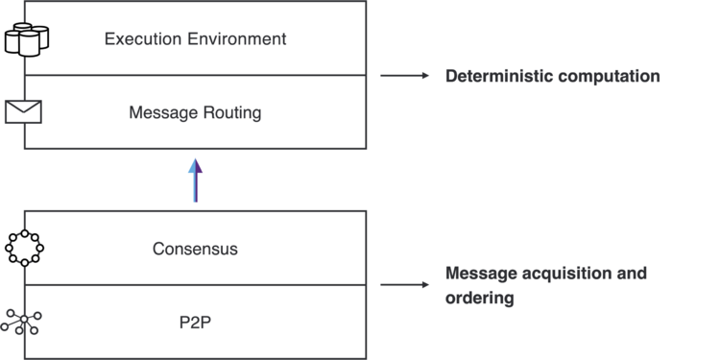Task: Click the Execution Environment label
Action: [195, 39]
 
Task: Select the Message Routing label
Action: [195, 112]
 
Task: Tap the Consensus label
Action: [195, 249]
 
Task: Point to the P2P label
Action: [195, 322]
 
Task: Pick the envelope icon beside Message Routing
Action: [24, 111]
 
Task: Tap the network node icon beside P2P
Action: [23, 322]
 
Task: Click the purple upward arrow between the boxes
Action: [195, 180]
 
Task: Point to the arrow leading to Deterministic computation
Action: [404, 76]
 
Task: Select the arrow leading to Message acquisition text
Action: [404, 285]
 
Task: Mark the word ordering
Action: [479, 298]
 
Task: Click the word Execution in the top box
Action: [138, 39]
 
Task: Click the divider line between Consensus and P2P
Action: [195, 285]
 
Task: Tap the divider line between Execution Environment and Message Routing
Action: [195, 75]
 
